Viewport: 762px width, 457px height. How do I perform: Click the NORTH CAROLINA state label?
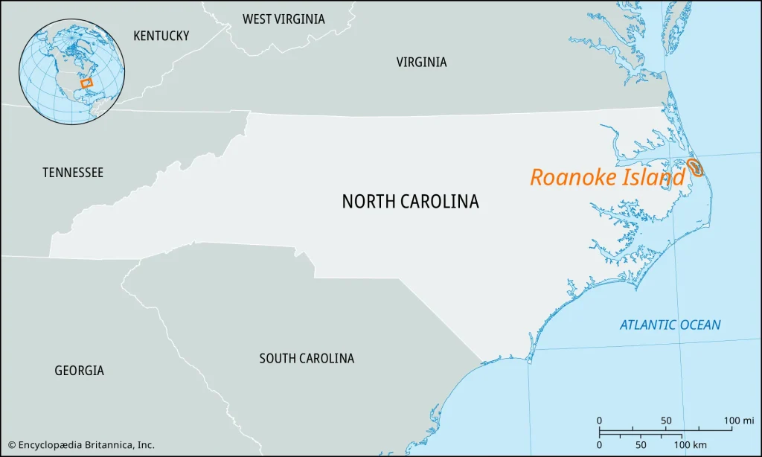(410, 201)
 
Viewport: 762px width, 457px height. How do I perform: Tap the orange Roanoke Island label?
(606, 178)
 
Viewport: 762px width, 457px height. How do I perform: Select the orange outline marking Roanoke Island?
(696, 167)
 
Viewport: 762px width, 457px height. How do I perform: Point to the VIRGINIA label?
(421, 63)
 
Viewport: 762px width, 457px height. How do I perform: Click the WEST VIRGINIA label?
(284, 19)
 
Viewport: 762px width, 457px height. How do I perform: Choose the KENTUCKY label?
(161, 36)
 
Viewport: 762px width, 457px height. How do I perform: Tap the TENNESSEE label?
(73, 173)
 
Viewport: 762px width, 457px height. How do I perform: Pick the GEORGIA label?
(79, 370)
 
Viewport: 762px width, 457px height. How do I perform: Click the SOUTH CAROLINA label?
(307, 359)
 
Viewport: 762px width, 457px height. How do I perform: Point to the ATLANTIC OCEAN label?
(670, 325)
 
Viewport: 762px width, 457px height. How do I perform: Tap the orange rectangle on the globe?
(86, 83)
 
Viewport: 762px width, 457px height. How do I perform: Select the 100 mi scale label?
(738, 421)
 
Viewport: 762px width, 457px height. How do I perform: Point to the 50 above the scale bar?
(667, 421)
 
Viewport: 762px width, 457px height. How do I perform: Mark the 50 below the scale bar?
(641, 444)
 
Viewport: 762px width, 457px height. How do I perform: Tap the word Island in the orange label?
(656, 178)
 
